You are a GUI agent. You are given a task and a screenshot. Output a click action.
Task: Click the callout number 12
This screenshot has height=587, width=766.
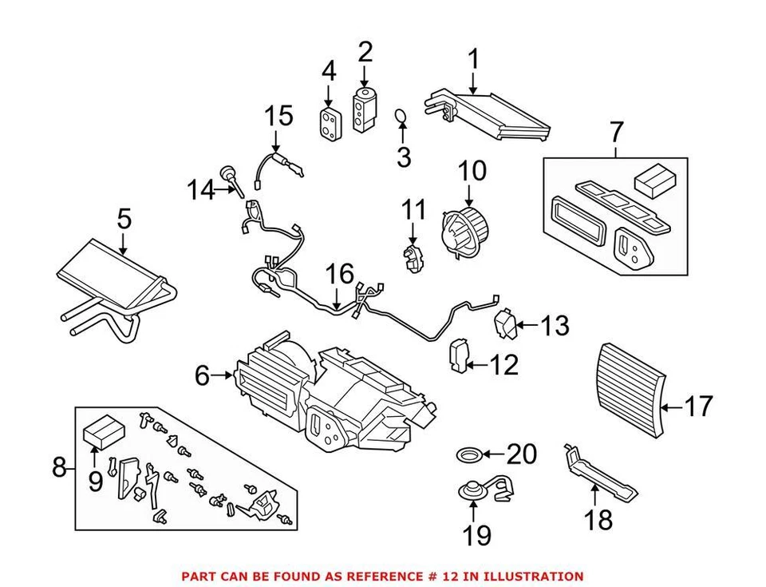point(503,366)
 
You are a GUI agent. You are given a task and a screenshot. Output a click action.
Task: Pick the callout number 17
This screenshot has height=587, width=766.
point(698,407)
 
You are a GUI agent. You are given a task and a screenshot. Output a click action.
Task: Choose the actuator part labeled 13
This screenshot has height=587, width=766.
point(505,323)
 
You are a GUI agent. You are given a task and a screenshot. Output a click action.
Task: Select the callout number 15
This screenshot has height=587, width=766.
point(279,117)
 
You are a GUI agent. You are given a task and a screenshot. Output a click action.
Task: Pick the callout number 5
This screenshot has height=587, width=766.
point(123,218)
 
